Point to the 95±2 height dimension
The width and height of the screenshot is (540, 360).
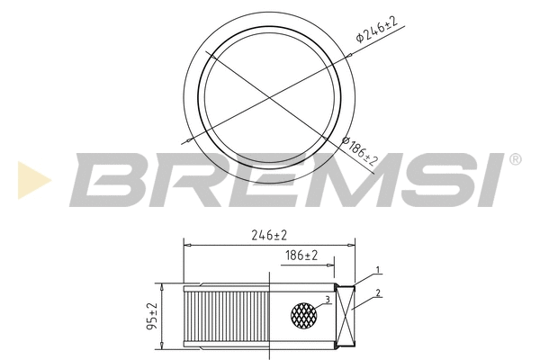152,315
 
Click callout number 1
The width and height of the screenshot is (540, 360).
379,270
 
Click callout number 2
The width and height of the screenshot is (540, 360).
379,292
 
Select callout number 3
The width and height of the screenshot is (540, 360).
328,299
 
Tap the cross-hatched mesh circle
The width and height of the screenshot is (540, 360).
304,314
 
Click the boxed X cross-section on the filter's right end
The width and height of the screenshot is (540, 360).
346,315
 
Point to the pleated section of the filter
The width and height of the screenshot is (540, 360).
227,315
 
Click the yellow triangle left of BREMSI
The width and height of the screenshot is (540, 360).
30,178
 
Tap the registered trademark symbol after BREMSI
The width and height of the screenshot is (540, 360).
515,159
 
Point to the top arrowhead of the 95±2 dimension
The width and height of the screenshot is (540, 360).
160,287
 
